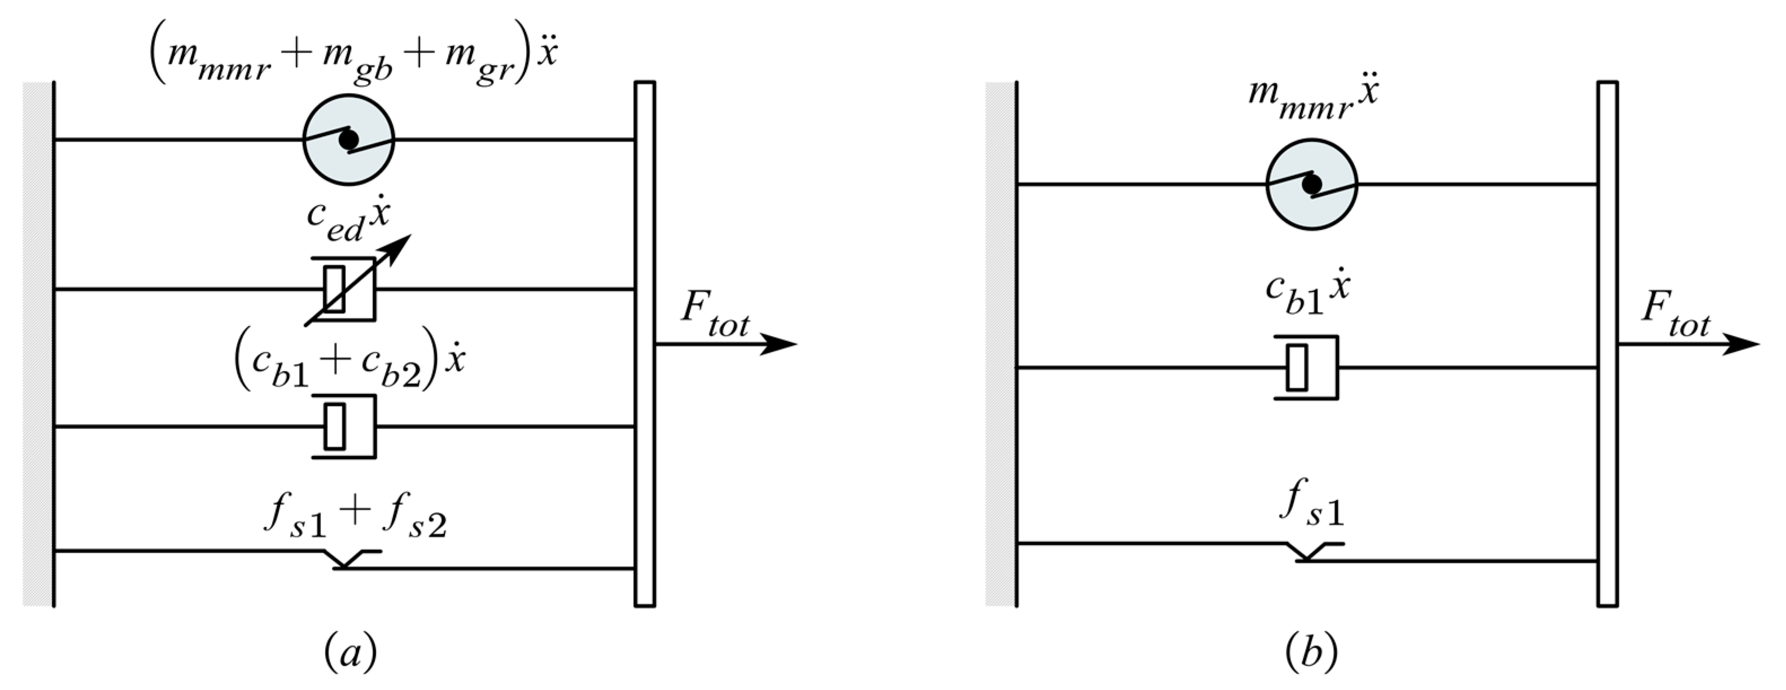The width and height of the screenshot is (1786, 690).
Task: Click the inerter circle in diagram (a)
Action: tap(349, 139)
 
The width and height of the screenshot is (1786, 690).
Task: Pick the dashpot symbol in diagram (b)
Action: tap(1307, 367)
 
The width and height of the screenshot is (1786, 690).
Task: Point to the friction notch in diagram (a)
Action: tap(343, 560)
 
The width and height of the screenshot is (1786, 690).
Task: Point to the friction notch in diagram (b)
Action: tap(1306, 553)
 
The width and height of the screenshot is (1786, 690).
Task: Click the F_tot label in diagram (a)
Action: tap(714, 316)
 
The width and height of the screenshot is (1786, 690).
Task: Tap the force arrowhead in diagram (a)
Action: tap(780, 343)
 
